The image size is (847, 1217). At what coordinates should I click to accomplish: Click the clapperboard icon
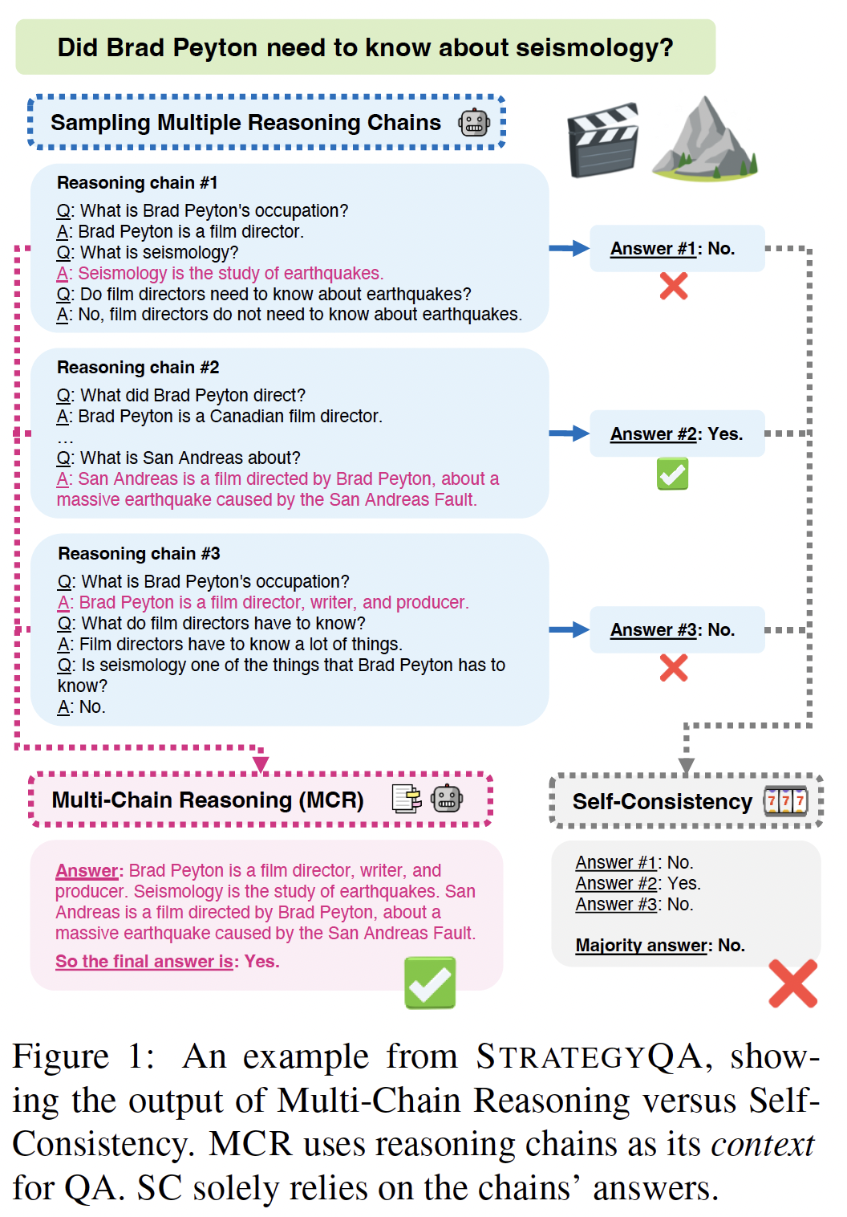pyautogui.click(x=602, y=140)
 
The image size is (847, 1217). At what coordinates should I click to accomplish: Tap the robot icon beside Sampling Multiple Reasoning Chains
pyautogui.click(x=474, y=122)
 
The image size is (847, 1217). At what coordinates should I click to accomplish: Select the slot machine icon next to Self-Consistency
pyautogui.click(x=786, y=801)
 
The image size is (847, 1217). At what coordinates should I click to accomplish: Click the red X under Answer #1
pyautogui.click(x=674, y=287)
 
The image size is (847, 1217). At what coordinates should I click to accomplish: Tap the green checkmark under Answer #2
pyautogui.click(x=673, y=474)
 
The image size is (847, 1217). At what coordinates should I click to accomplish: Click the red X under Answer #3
pyautogui.click(x=674, y=668)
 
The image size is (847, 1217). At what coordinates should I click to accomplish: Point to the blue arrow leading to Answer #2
pyautogui.click(x=569, y=433)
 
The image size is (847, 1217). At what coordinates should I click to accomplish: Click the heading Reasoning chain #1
pyautogui.click(x=137, y=182)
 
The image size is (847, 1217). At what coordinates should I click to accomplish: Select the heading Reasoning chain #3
pyautogui.click(x=139, y=553)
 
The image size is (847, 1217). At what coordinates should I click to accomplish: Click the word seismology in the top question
pyautogui.click(x=594, y=48)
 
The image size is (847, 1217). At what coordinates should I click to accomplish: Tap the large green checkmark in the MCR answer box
pyautogui.click(x=430, y=983)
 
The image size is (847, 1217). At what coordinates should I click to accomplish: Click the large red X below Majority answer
pyautogui.click(x=793, y=983)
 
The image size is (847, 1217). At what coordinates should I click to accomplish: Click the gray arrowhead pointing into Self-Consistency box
pyautogui.click(x=687, y=765)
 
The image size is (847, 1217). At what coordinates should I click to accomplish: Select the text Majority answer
pyautogui.click(x=642, y=946)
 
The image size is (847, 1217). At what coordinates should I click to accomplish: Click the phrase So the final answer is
pyautogui.click(x=144, y=961)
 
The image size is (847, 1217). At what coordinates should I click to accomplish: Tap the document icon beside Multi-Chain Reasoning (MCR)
pyautogui.click(x=407, y=800)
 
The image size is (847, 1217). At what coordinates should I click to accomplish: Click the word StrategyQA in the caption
pyautogui.click(x=590, y=1057)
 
